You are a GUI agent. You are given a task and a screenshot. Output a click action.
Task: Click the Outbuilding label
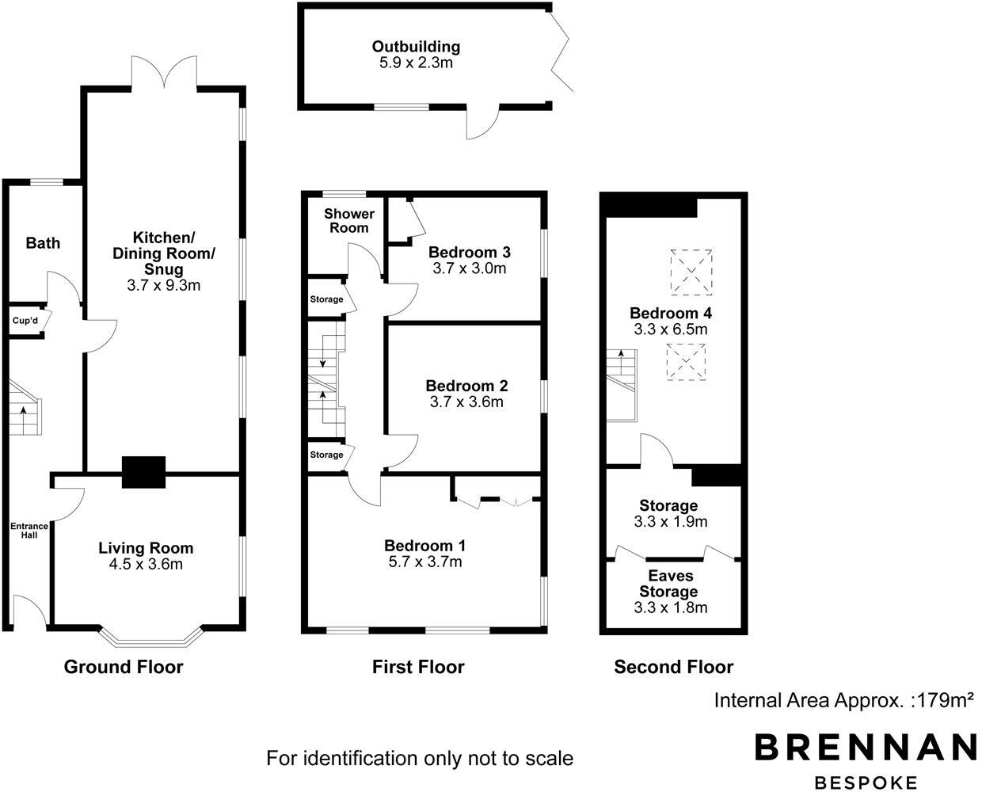(x=416, y=47)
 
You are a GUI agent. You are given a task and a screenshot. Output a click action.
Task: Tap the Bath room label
(x=43, y=243)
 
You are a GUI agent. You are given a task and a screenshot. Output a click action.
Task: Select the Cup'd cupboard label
(x=21, y=322)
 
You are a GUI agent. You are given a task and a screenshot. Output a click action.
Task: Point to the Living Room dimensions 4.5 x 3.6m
(x=146, y=565)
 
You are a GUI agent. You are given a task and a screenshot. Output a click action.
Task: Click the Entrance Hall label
(x=29, y=531)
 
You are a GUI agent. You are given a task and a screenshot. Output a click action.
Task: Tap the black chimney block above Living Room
(x=143, y=472)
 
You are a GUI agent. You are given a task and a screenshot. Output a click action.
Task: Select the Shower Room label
(x=349, y=221)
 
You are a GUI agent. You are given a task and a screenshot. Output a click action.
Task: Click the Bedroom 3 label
(x=469, y=253)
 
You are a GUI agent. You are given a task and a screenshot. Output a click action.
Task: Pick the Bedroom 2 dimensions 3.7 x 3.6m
(x=468, y=402)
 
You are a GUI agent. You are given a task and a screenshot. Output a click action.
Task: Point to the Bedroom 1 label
(x=424, y=546)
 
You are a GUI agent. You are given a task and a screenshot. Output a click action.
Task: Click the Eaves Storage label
(x=669, y=584)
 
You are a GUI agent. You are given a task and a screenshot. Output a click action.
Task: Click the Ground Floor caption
(x=124, y=667)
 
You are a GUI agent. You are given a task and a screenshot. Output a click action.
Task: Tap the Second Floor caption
(x=674, y=667)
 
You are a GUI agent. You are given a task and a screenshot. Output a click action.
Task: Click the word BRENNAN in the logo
(x=865, y=748)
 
